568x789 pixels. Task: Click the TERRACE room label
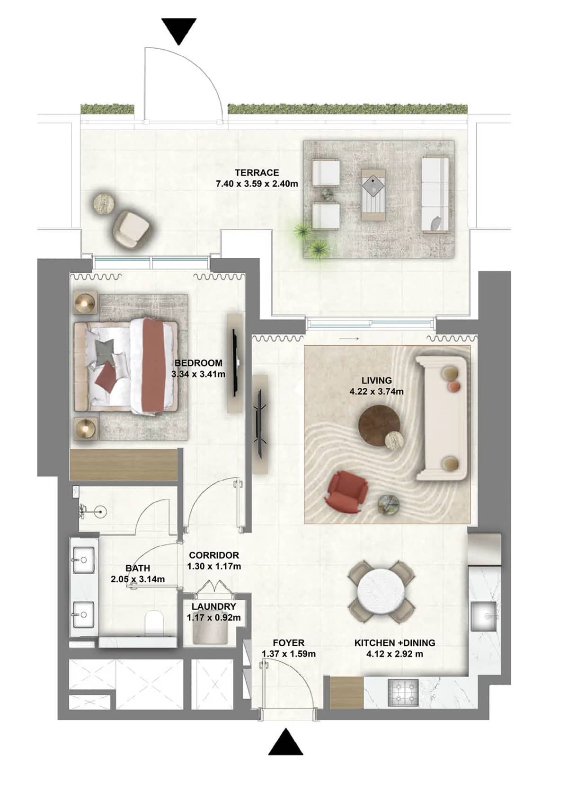(x=257, y=173)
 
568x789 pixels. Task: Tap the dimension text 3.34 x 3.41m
(x=198, y=374)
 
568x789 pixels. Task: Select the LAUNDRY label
(x=213, y=606)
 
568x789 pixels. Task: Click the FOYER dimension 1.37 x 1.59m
(x=288, y=654)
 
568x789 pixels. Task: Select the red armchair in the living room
(x=346, y=491)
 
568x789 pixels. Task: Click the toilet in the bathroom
(x=154, y=622)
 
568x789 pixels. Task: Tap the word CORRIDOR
(x=214, y=555)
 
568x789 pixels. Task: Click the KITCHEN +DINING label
(x=395, y=643)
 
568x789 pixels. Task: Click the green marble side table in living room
(x=390, y=504)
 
